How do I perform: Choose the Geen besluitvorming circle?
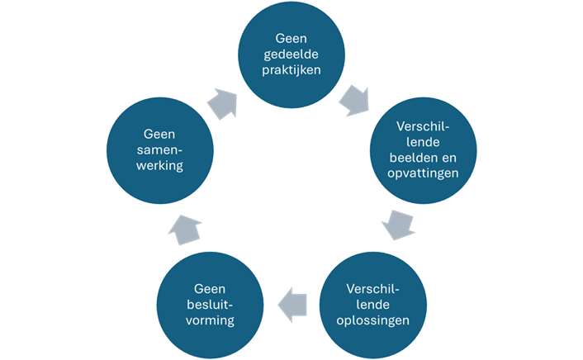tap(208, 304)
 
